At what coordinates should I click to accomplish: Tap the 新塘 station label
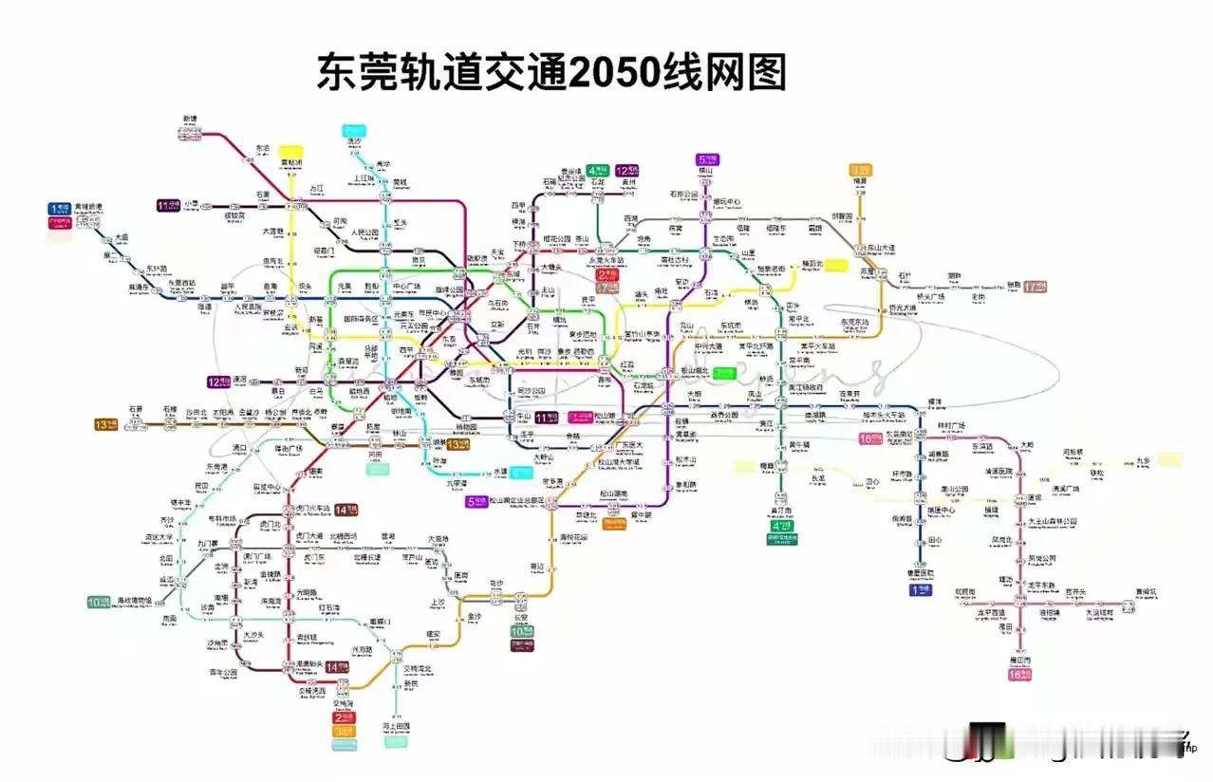(190, 120)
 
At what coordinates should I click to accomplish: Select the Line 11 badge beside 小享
(169, 204)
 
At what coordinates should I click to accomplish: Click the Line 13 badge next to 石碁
(104, 423)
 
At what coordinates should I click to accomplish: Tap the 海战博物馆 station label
(133, 600)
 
